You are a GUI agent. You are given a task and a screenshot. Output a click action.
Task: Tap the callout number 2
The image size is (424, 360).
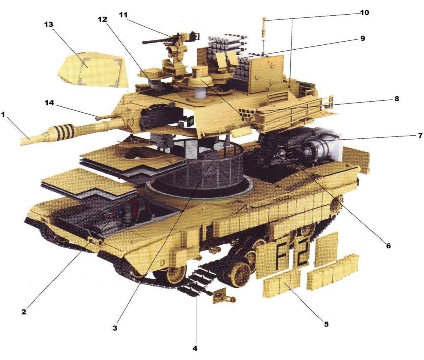[x=24, y=311]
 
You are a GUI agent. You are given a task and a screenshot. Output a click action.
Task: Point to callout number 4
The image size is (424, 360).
[x=196, y=348]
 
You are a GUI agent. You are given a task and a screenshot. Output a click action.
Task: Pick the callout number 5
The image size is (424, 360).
[x=326, y=324]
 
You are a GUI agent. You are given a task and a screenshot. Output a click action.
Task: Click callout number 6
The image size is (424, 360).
[x=388, y=246]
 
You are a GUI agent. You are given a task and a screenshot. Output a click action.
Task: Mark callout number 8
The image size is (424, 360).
[x=397, y=99]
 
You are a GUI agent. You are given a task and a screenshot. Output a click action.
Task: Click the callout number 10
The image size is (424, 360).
[x=365, y=12]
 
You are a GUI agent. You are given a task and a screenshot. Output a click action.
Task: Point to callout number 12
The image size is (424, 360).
[x=102, y=19]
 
